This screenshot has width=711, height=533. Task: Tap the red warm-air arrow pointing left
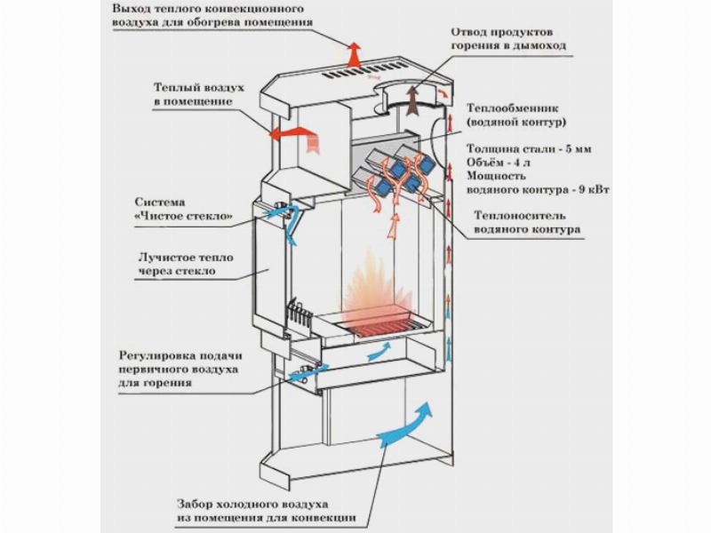click(292, 133)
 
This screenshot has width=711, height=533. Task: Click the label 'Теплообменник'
click(509, 104)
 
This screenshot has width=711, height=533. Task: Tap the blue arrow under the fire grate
click(379, 353)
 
